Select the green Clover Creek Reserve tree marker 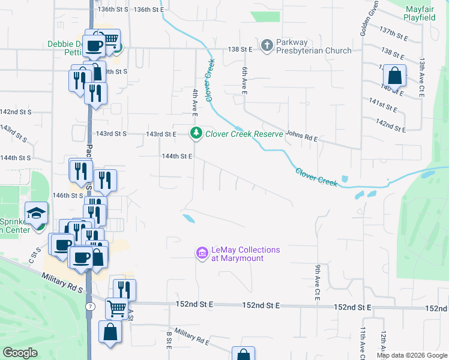[196, 133]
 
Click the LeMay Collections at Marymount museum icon [202, 254]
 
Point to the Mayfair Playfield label [428, 14]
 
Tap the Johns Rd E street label [301, 139]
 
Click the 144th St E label [176, 156]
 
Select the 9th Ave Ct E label [317, 282]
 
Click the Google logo [20, 352]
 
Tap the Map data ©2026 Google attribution [412, 355]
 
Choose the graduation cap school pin [36, 213]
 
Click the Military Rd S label [63, 282]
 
